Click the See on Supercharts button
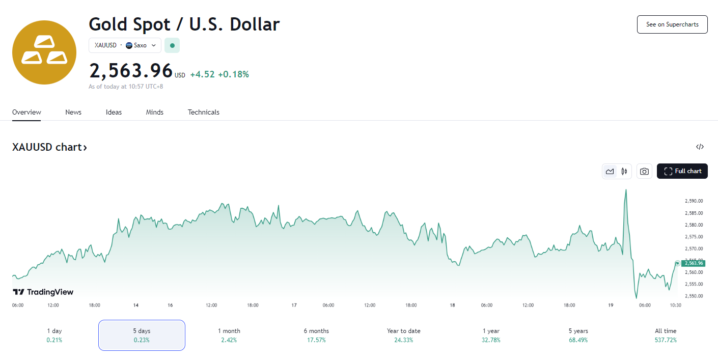tap(672, 24)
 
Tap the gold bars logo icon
tap(44, 52)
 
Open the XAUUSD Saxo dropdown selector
tap(125, 45)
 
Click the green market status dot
tap(172, 45)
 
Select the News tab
tap(73, 112)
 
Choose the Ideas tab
tap(114, 112)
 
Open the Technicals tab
tap(204, 112)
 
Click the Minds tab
tap(154, 112)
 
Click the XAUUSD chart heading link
tap(49, 147)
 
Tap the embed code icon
tap(700, 147)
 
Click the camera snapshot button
tap(644, 171)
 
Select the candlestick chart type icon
tap(624, 171)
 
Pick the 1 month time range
tap(229, 336)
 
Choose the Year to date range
tap(403, 336)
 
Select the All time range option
tap(666, 336)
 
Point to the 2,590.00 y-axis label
tap(694, 201)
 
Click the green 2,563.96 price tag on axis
tap(694, 263)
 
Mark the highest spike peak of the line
tap(626, 189)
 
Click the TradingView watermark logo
tap(43, 292)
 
